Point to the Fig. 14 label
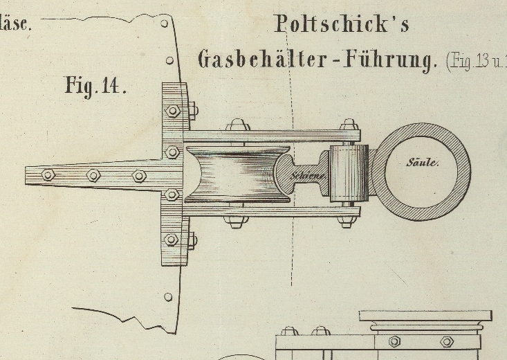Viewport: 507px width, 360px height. (95, 86)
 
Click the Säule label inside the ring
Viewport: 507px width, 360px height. (422, 163)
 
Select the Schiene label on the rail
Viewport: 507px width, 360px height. (307, 176)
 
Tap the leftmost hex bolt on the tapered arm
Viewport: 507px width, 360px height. (48, 174)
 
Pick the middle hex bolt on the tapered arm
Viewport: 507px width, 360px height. (93, 175)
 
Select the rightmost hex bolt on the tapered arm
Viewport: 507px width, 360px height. (139, 176)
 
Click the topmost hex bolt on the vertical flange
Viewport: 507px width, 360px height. (172, 111)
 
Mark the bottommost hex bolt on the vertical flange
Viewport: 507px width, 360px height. (172, 240)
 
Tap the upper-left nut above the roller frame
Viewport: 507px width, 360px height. (237, 125)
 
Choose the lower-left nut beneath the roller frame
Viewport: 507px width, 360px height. (235, 222)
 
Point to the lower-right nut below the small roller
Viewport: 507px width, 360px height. (348, 222)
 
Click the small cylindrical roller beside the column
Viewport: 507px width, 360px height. (349, 173)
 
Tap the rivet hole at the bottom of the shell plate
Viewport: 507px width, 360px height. (168, 297)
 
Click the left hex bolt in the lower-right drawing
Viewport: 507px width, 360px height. (394, 341)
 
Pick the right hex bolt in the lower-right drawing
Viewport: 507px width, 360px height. (447, 341)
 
